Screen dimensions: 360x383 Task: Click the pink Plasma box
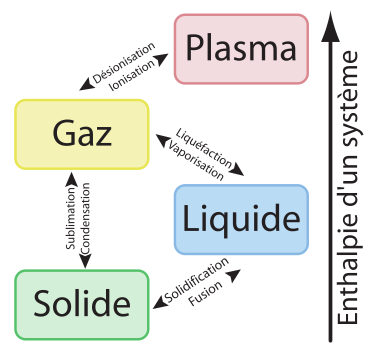click(x=241, y=48)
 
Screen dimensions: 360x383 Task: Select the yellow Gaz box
click(x=81, y=134)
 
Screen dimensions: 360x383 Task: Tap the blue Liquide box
click(x=241, y=219)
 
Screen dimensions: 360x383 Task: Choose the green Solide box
click(x=81, y=304)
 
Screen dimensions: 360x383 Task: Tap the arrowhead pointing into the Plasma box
click(x=162, y=58)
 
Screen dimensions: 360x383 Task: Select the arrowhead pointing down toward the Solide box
click(x=85, y=262)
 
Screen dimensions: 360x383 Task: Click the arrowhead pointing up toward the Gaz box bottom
click(x=71, y=178)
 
